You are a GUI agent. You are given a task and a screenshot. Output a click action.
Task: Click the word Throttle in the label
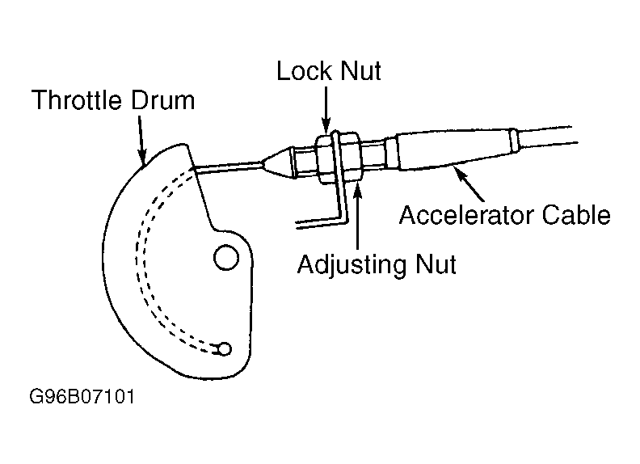76,100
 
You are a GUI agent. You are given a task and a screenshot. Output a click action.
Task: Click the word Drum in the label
163,100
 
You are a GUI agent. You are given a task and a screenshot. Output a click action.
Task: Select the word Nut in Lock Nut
360,70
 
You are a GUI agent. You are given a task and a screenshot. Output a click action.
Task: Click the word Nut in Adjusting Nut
436,264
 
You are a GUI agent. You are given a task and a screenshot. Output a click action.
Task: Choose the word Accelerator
465,215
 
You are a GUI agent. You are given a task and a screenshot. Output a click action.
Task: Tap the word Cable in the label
576,215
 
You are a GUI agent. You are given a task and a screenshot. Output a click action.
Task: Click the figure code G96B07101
82,396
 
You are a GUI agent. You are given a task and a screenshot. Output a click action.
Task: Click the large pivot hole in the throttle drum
226,257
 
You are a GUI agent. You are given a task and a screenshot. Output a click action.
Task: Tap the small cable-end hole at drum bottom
224,349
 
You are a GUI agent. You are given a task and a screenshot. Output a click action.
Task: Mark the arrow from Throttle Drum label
141,141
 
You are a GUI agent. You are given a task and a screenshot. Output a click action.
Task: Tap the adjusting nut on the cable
350,157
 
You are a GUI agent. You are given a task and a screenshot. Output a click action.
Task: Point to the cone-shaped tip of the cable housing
278,162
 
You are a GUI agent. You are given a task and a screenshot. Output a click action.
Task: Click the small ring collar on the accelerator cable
514,141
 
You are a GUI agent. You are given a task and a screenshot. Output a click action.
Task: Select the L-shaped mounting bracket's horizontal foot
322,222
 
